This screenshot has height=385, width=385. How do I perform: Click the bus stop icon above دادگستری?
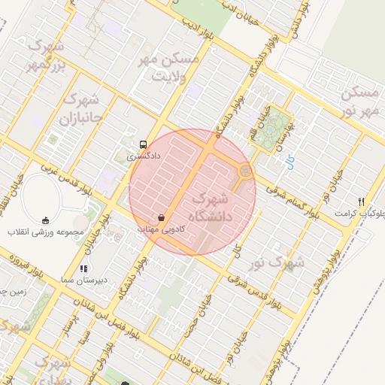click(x=142, y=144)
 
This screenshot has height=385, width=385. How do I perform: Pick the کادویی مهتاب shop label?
click(x=159, y=227)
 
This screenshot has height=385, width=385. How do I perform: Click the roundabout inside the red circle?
click(x=244, y=172)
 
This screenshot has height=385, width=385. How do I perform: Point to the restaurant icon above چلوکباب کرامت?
click(x=362, y=202)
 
